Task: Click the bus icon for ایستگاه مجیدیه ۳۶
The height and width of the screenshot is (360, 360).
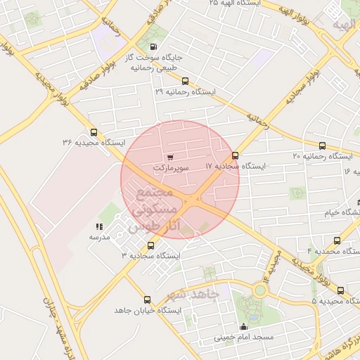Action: [x=94, y=131]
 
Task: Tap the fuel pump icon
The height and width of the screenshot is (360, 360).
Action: [x=153, y=47]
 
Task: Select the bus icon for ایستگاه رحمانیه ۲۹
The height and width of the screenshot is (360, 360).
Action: [x=185, y=81]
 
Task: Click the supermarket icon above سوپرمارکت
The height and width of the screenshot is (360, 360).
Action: [x=169, y=157]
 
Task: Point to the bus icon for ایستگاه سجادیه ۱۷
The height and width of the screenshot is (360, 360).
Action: [x=235, y=155]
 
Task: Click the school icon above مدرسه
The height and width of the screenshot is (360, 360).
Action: [x=99, y=226]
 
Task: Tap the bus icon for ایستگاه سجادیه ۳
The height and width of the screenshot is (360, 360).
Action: [x=150, y=245]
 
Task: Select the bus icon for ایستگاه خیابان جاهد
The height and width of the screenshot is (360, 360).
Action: [x=147, y=300]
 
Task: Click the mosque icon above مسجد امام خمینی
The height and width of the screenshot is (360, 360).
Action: [x=244, y=327]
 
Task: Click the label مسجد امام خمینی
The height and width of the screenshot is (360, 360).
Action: [x=244, y=338]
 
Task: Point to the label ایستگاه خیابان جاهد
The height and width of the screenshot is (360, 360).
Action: [x=148, y=310]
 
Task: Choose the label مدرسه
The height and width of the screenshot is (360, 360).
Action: [x=99, y=238]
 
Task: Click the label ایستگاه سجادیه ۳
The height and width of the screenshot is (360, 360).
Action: [x=150, y=256]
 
